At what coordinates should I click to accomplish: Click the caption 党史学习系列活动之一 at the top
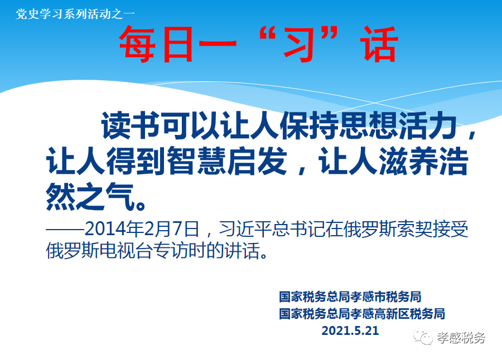coord(75,14)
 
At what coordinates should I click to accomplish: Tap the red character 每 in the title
coord(138,44)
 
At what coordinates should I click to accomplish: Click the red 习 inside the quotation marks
coord(298,44)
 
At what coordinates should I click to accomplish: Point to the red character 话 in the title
coord(380,44)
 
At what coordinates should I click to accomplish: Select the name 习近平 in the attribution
coord(245,229)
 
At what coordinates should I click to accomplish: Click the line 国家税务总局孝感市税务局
coord(350,296)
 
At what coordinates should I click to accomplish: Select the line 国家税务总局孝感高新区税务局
coord(362,314)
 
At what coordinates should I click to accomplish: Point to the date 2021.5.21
coord(350,330)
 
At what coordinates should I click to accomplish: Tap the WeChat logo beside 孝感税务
coord(423,337)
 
